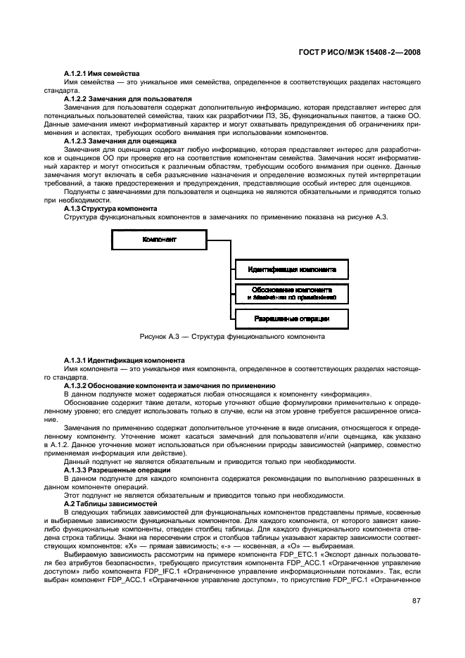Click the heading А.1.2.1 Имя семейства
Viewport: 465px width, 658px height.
coord(101,74)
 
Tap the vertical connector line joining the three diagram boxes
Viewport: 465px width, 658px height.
coord(225,281)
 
